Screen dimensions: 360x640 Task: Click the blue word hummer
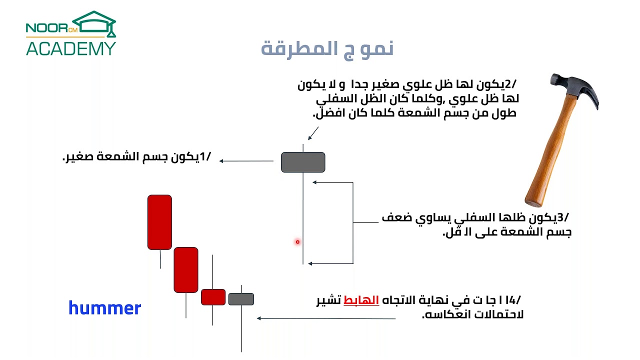104,308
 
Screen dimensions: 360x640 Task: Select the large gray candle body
303,162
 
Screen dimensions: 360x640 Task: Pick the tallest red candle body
159,222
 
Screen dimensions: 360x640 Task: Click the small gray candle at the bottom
241,299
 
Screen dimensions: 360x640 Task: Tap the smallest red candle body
213,297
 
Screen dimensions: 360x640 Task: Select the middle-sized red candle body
186,269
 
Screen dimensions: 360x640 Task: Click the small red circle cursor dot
297,242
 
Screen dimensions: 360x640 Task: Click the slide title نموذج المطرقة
327,48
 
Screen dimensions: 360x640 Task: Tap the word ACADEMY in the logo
71,48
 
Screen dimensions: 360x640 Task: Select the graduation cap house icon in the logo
95,23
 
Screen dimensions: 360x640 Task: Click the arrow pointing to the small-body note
246,161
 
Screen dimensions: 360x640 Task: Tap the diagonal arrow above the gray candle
313,133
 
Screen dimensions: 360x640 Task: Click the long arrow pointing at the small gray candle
325,318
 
